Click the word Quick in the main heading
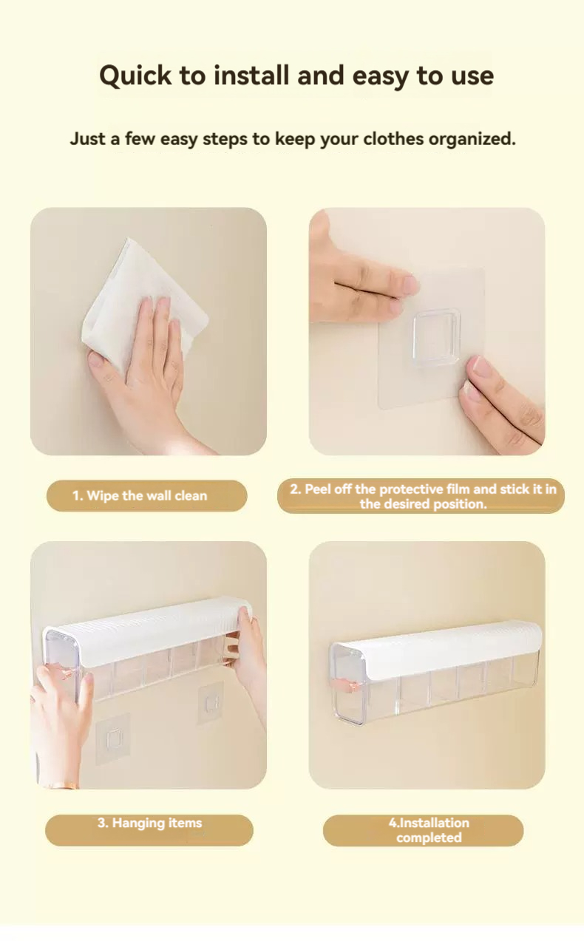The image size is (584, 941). tap(135, 76)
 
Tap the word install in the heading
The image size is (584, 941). tap(251, 75)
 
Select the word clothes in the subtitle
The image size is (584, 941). tap(393, 139)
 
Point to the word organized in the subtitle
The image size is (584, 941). tap(472, 139)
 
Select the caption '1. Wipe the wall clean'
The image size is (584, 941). tap(140, 496)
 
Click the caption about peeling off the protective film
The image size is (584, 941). tap(423, 496)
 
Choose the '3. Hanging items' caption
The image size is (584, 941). tap(149, 823)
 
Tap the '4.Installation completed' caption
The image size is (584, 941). tap(429, 829)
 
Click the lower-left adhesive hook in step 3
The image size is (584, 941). tap(112, 738)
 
